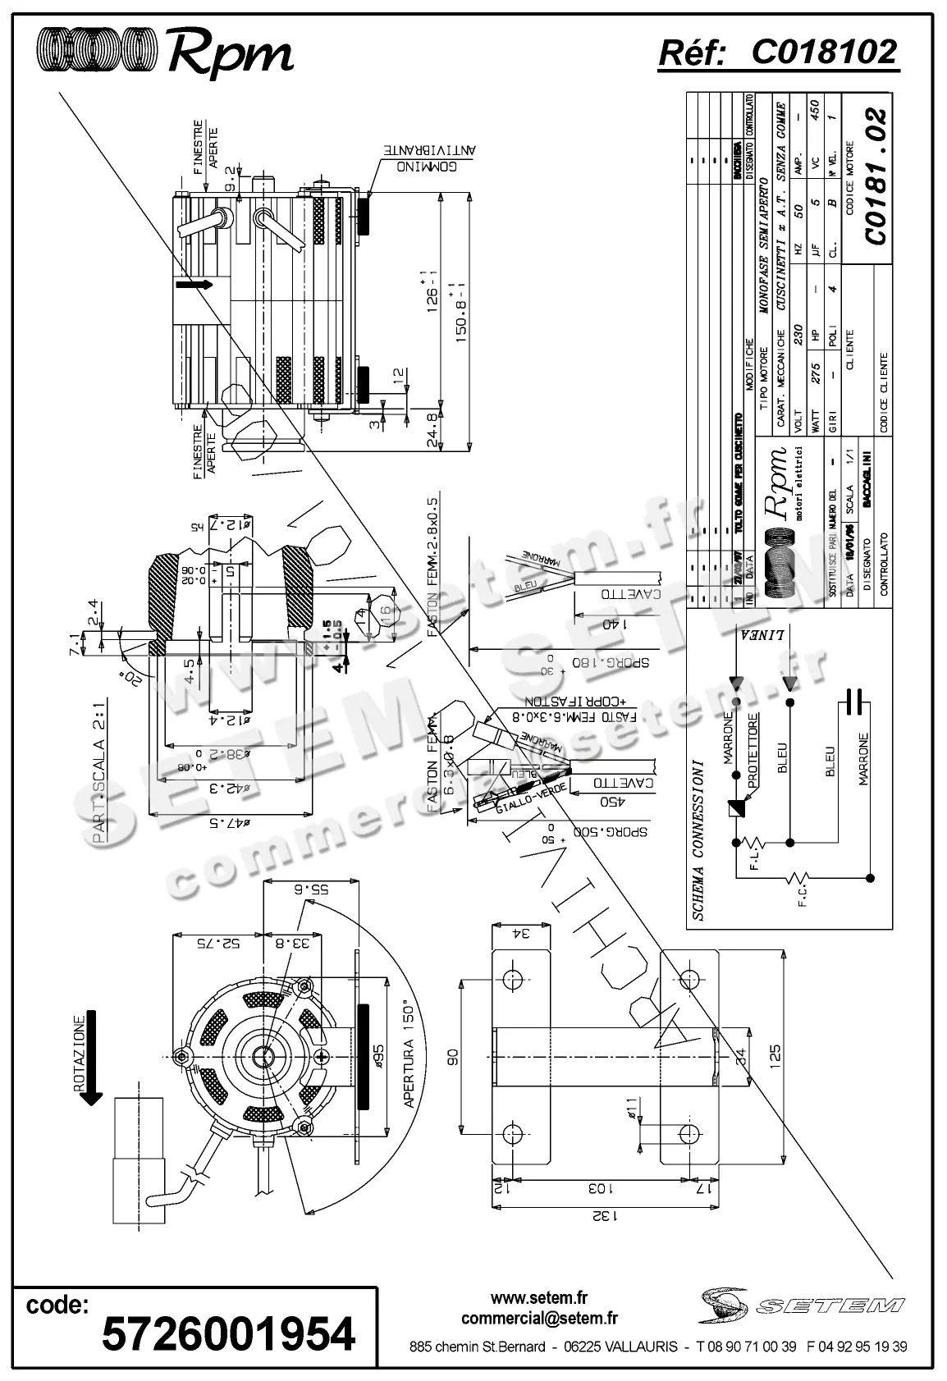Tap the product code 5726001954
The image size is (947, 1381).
[228, 1333]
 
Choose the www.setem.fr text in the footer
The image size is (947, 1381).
[539, 1298]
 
